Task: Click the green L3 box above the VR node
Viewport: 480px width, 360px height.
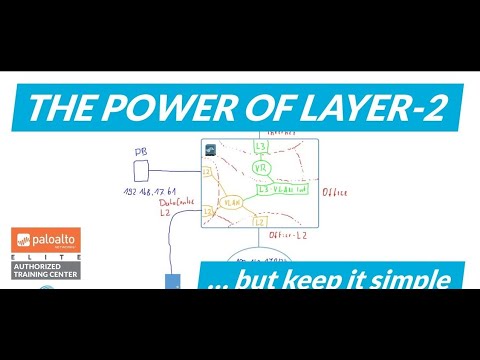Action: pos(262,146)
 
